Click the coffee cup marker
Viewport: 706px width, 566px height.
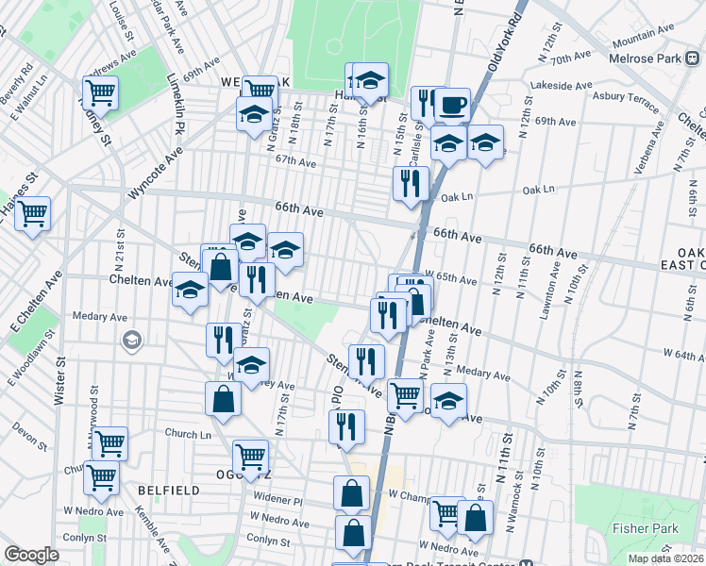pos(452,104)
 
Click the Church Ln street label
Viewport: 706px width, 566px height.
pos(188,434)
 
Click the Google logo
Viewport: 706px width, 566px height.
pos(31,555)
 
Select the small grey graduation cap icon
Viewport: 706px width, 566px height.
pos(133,340)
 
